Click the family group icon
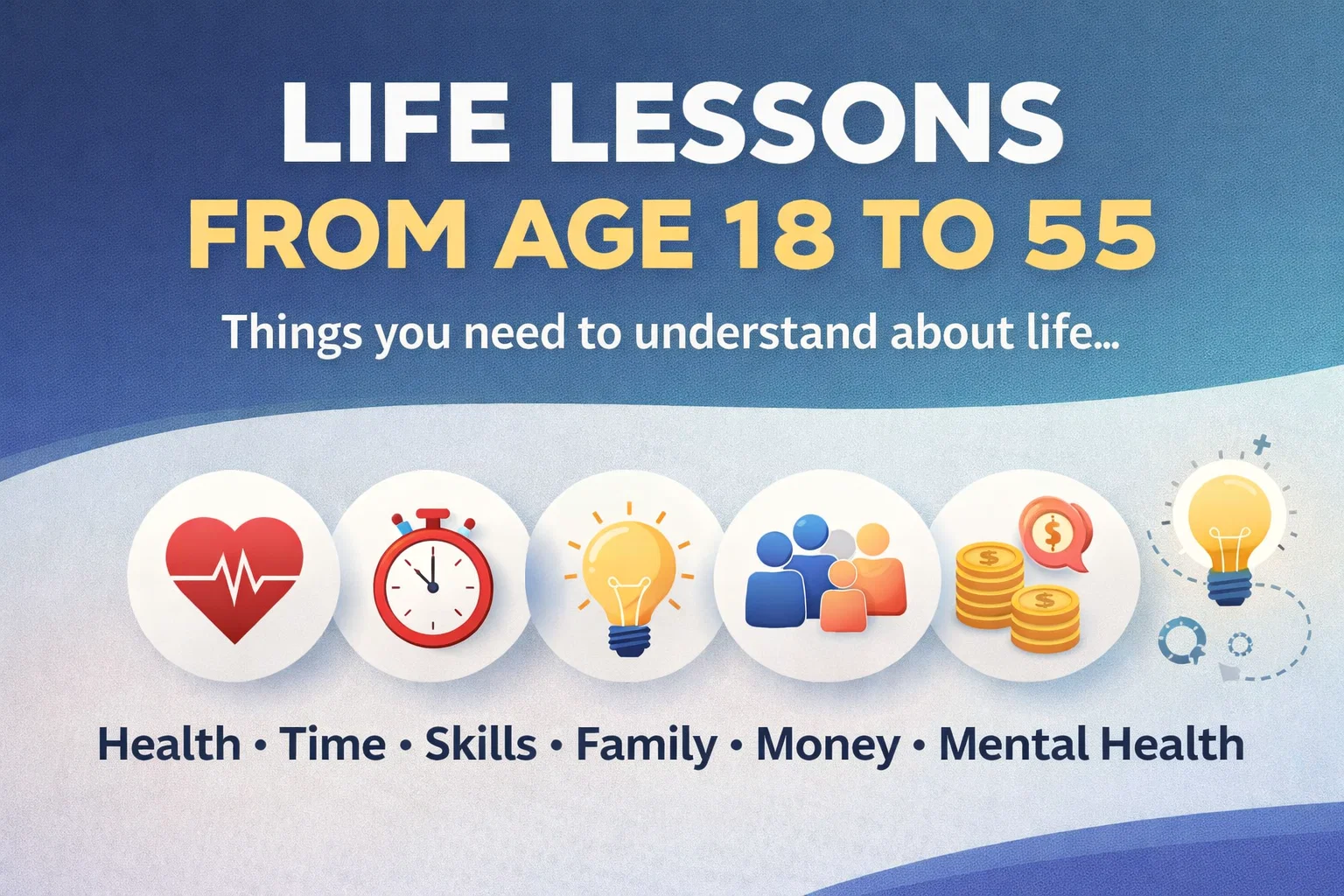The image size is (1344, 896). [825, 575]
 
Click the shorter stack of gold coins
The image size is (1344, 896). [1046, 619]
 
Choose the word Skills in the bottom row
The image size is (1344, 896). [480, 744]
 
